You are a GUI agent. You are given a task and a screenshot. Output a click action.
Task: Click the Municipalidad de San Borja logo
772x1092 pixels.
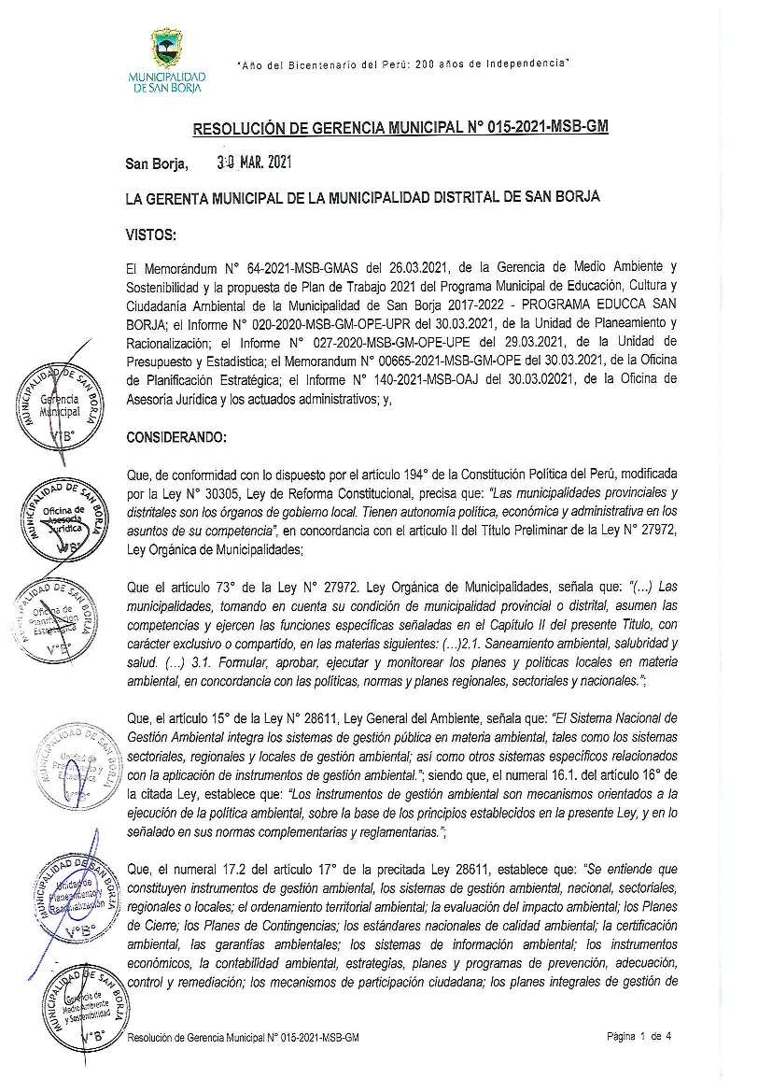coord(167,60)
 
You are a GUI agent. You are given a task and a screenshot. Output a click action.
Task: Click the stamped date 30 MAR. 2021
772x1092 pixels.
coord(254,162)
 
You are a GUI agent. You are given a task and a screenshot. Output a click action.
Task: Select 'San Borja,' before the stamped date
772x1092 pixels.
coord(157,163)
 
